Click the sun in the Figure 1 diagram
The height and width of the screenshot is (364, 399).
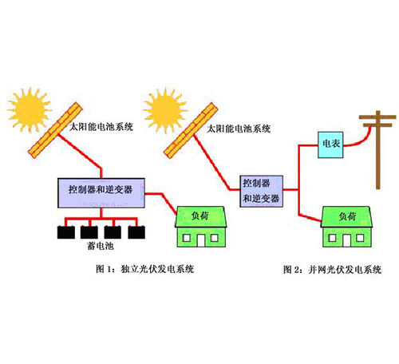30,110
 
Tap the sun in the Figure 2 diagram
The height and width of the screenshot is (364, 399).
165,110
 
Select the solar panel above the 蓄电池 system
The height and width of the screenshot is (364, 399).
55,130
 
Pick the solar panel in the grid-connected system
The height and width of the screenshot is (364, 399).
191,130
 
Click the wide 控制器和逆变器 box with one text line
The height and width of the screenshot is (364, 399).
101,193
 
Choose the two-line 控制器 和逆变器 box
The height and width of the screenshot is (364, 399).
262,191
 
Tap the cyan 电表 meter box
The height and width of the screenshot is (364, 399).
330,144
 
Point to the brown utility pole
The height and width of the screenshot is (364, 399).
377,149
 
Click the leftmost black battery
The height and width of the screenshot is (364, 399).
66,232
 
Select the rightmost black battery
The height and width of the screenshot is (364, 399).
136,232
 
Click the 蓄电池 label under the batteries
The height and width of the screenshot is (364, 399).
101,246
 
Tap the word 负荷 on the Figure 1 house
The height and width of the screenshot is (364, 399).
200,216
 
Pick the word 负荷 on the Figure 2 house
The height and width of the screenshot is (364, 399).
347,216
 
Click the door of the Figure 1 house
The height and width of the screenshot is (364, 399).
201,240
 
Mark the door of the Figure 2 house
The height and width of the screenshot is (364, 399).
346,240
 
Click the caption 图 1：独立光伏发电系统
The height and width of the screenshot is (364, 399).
145,269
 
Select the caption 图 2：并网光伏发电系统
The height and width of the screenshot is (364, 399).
333,270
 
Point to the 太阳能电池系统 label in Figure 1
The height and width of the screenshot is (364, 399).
101,127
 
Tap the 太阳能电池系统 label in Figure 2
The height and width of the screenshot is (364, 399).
239,129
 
